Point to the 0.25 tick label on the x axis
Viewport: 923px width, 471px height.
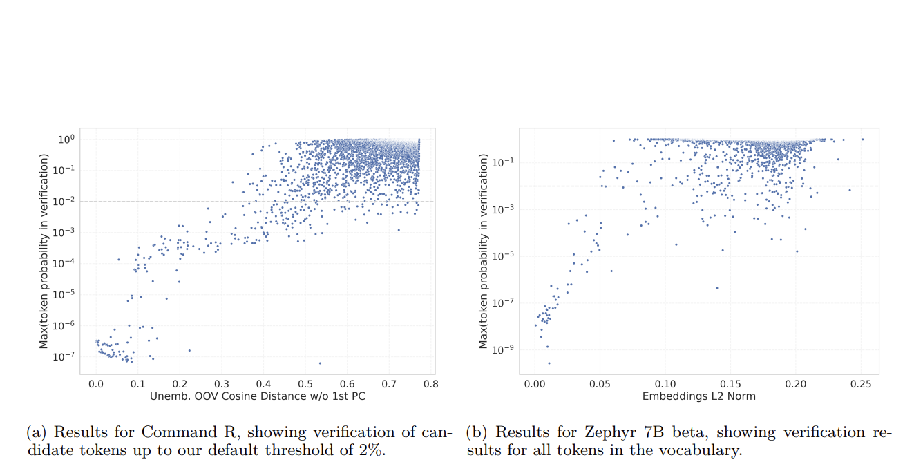pyautogui.click(x=861, y=382)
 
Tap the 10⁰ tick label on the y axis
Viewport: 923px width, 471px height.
pyautogui.click(x=66, y=139)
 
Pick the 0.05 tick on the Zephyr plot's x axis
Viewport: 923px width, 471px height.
pyautogui.click(x=600, y=382)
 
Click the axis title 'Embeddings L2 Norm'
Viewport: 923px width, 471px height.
pyautogui.click(x=698, y=396)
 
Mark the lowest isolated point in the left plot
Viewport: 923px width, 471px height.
pyautogui.click(x=320, y=363)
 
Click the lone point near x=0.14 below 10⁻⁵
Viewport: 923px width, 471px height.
pyautogui.click(x=716, y=288)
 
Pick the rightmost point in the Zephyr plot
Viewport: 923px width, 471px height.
pyautogui.click(x=862, y=140)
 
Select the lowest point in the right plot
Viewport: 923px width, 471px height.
pyautogui.click(x=549, y=363)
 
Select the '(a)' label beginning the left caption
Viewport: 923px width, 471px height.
pyautogui.click(x=37, y=433)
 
